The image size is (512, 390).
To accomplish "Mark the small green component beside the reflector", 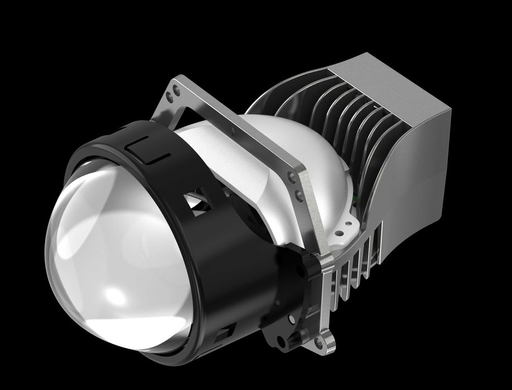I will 353,196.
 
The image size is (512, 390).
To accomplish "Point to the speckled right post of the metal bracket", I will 312,223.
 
